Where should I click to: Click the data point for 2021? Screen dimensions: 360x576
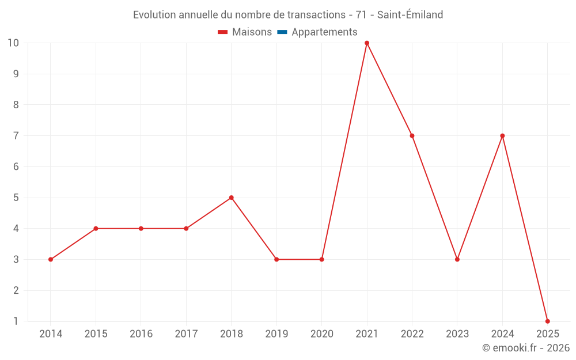pos(367,43)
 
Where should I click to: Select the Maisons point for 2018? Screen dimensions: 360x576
pos(232,198)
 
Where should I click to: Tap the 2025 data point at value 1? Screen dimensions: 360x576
pos(547,321)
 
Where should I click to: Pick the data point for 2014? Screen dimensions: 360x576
pos(51,259)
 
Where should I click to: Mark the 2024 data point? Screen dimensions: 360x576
pos(502,136)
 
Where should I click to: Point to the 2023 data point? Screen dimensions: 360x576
pos(457,259)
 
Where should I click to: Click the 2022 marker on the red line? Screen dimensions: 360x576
pos(412,136)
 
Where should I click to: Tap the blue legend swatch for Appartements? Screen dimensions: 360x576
pos(282,32)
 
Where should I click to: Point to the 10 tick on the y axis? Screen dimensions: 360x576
pos(13,43)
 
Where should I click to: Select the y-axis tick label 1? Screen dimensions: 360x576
pos(16,321)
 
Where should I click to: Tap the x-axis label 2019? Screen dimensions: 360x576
pos(276,334)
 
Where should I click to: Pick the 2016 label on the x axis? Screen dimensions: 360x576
pos(141,334)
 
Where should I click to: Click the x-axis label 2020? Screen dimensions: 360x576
pos(321,334)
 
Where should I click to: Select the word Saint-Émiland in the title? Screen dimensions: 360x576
pos(410,15)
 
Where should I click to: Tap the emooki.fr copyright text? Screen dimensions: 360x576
pos(526,348)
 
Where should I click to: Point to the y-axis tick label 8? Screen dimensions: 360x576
pos(16,105)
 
